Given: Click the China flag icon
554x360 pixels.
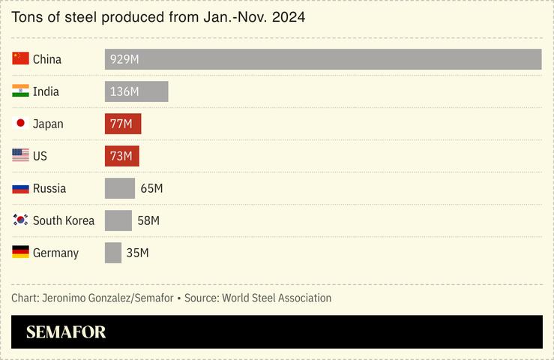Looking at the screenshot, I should pos(20,59).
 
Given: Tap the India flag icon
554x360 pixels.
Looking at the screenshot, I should pos(20,91).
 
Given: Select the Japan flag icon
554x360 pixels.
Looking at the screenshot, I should pos(20,124).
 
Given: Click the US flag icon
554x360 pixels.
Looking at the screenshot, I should pos(20,156).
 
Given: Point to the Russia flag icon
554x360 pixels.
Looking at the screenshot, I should pos(20,188).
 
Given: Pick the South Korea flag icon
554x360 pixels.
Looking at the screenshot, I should pos(20,220).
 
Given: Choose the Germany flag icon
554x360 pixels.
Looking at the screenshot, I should pos(20,253).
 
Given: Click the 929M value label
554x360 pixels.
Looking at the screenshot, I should pos(124,59).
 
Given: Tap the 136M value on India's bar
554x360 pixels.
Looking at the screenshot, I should pos(124,91).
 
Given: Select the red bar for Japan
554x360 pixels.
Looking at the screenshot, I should pos(123,124).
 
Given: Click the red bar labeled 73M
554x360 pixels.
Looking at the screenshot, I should pos(121,156).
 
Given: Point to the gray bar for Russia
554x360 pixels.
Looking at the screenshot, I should pos(119,188).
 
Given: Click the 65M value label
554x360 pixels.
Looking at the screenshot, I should pos(151,188).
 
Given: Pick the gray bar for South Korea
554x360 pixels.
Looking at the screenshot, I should pos(118,220).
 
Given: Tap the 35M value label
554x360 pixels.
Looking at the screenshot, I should pos(137,253).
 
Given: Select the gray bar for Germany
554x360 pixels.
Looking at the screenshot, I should pos(112,253).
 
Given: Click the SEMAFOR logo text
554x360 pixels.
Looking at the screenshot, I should pos(66,332).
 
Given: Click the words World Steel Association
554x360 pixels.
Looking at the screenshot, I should pos(277,298).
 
